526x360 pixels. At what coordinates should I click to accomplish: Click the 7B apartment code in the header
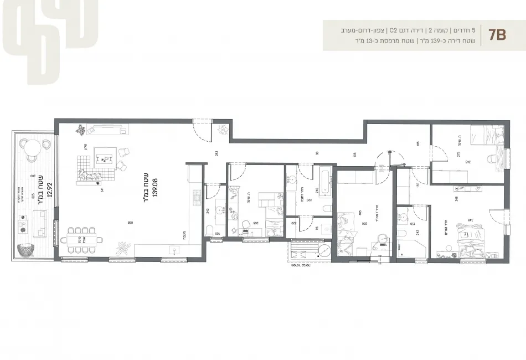point(497,35)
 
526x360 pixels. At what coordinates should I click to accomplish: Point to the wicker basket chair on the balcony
point(26,250)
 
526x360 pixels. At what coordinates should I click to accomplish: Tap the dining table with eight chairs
point(82,239)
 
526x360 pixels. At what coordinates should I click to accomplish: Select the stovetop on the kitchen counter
point(196,197)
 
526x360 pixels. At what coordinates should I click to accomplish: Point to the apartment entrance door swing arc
point(200,131)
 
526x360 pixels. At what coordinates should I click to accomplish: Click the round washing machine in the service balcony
point(326,250)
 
